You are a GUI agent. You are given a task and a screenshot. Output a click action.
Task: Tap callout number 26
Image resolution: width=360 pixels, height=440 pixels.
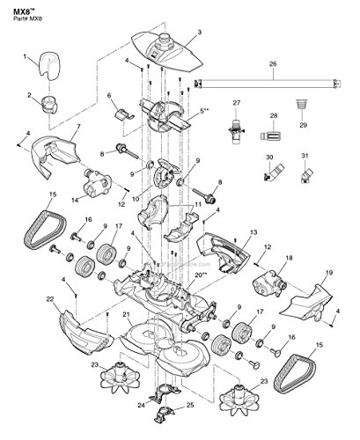pyautogui.click(x=272, y=64)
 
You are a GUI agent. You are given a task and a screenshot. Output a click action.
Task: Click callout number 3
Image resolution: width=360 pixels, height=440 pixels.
pyautogui.click(x=199, y=32)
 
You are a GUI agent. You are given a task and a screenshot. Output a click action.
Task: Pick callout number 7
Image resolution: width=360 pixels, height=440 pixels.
pyautogui.click(x=77, y=129)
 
